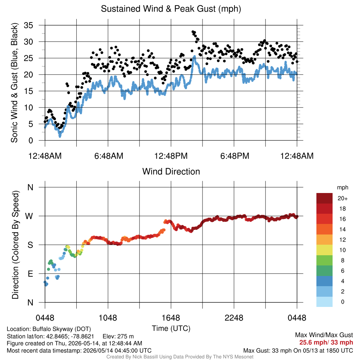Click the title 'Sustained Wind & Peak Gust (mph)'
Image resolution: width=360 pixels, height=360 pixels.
coord(171,9)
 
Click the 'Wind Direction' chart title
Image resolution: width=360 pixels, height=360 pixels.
coord(171,172)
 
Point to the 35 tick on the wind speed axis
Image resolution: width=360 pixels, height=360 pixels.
coord(28,25)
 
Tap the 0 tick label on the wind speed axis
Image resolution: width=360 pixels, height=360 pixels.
coord(31,141)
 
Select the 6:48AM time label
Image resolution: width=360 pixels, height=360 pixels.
coord(109,156)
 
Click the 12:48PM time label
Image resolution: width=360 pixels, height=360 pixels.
coord(171,156)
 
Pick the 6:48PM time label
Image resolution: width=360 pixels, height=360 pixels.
coord(234,156)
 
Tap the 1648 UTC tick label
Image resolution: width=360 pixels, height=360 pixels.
coord(171,318)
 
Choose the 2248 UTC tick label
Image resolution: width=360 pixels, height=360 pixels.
coord(234,318)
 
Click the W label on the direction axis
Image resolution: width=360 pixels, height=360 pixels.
coord(29,216)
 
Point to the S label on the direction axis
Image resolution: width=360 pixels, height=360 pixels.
coord(30,245)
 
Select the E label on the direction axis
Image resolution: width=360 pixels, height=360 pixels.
coord(30,274)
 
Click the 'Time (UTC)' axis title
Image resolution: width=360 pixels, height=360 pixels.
coord(171,328)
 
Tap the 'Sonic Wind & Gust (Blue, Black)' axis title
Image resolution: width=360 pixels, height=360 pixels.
coord(14,83)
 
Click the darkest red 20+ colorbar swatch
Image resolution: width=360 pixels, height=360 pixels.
coord(324,198)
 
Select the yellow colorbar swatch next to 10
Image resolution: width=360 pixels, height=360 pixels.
coord(324,250)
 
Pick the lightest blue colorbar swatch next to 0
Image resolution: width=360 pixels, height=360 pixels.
coord(324,302)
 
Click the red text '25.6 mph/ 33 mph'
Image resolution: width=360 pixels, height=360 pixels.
coord(326,342)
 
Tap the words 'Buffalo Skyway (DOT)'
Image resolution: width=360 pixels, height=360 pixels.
coord(62,329)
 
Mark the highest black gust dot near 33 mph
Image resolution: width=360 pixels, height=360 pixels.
coord(193,32)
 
